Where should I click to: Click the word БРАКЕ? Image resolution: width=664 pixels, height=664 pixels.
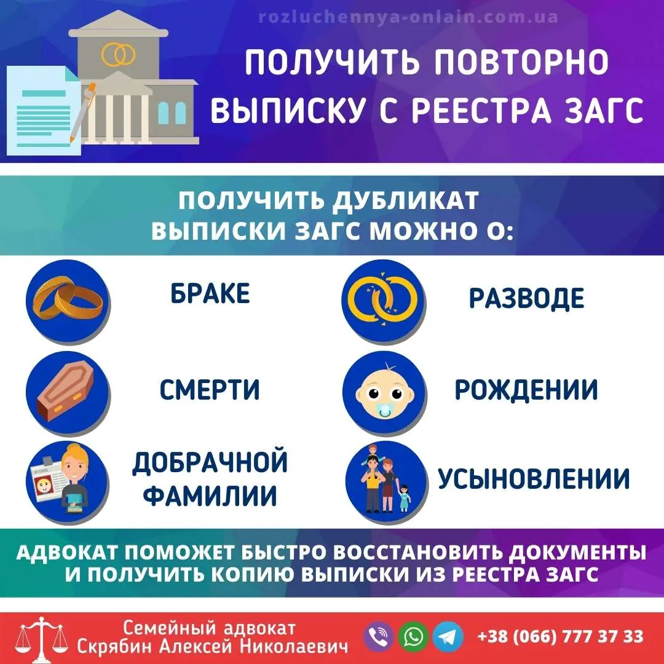[210, 294]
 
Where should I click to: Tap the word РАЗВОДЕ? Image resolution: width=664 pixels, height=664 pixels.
[526, 298]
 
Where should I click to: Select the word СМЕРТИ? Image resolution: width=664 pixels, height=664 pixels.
[210, 389]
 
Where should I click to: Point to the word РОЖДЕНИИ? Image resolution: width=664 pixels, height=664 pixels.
[526, 389]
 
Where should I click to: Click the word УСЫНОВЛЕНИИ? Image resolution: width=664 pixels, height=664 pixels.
[534, 479]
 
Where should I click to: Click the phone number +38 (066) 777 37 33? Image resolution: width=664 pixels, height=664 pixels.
[560, 636]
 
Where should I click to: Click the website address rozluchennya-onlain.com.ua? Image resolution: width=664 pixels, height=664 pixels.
[409, 17]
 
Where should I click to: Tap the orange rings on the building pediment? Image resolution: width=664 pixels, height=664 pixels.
[118, 55]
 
